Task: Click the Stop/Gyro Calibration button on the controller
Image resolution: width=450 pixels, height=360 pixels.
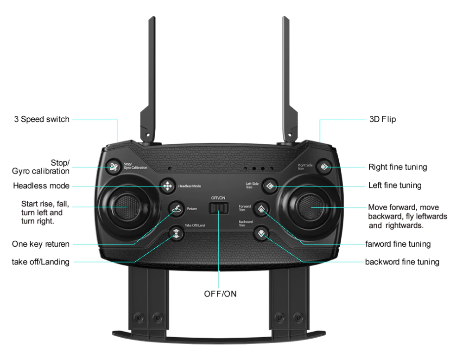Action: point(113,167)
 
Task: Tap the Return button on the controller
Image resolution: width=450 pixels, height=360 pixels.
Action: point(176,209)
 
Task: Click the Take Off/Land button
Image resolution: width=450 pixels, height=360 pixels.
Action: point(176,233)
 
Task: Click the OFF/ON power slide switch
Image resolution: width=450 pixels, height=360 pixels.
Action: point(218,209)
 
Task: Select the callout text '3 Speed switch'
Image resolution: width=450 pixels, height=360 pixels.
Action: point(41,120)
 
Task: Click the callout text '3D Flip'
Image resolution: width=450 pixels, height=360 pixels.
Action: point(382,120)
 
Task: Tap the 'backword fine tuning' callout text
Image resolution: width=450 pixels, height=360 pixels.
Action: point(402,262)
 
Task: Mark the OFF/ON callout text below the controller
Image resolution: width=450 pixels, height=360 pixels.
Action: point(220,294)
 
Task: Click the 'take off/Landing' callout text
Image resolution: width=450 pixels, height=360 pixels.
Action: point(40,262)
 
